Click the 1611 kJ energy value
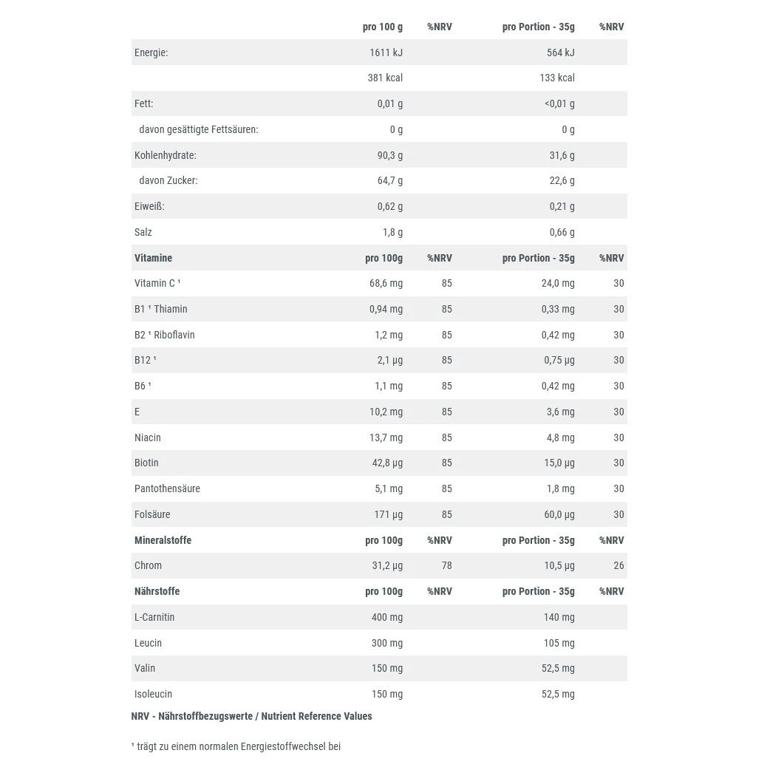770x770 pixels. (x=386, y=52)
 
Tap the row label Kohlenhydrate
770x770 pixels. (x=166, y=155)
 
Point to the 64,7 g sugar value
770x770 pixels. (x=389, y=180)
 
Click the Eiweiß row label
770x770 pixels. (x=149, y=206)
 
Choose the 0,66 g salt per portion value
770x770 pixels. (x=562, y=232)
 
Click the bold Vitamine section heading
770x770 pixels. (x=153, y=258)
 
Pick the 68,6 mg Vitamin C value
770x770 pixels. (x=386, y=283)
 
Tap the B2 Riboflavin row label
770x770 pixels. (x=165, y=335)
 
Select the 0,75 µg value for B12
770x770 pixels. (x=559, y=360)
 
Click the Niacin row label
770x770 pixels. (x=148, y=437)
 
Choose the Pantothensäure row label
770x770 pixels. (x=167, y=488)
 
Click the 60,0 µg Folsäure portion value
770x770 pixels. (x=559, y=514)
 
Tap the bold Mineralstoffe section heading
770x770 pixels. (x=163, y=540)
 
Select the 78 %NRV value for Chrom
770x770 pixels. (x=446, y=565)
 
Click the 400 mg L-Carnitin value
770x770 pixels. (x=387, y=617)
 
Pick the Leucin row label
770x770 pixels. (x=148, y=643)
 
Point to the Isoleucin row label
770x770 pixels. (x=153, y=694)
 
